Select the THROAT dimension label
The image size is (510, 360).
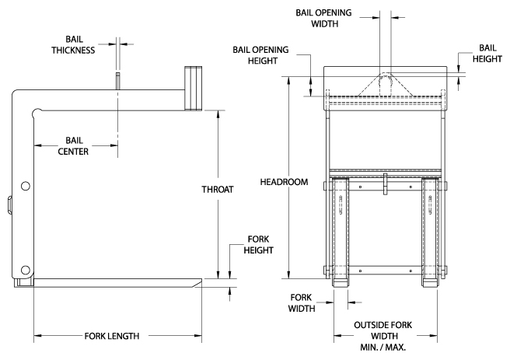point(218,189)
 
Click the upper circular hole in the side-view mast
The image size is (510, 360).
point(26,186)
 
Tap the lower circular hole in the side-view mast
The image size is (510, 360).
point(26,269)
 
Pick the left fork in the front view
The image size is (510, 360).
point(342,233)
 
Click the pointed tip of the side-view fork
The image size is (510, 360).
point(200,281)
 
